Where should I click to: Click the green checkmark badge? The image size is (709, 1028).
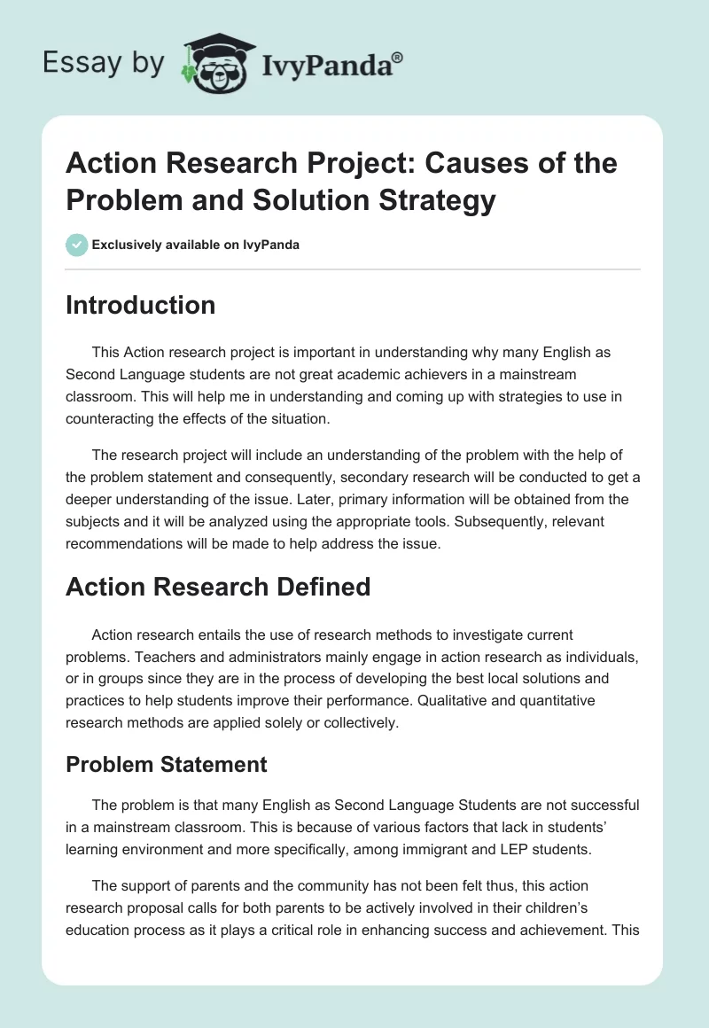pyautogui.click(x=77, y=245)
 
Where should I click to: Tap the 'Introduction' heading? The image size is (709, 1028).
pyautogui.click(x=141, y=305)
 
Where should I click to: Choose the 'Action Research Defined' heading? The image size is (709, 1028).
pyautogui.click(x=218, y=587)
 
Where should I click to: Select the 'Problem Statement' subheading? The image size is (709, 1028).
pyautogui.click(x=167, y=764)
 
